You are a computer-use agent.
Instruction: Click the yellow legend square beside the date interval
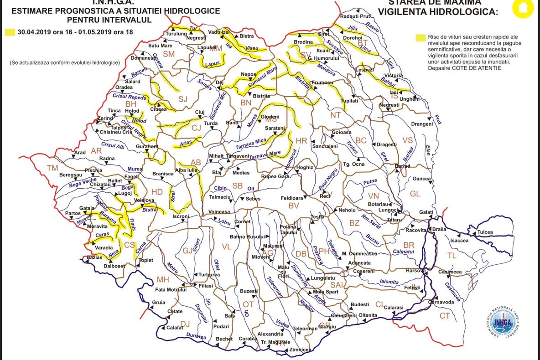coord(9,32)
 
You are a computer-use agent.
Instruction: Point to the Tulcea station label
coord(485,232)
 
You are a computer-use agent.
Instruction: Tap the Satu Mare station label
coord(160,46)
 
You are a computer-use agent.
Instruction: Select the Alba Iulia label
coord(186,170)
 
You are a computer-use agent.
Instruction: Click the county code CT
coord(444,316)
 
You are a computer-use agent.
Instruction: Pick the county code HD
coord(157,192)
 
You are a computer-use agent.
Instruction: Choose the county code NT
coord(335,115)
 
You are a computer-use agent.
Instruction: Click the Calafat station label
coord(175,327)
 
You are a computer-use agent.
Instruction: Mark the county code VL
coord(227,247)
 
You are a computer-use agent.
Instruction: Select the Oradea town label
coord(124,87)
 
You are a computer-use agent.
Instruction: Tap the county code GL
coord(415,194)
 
